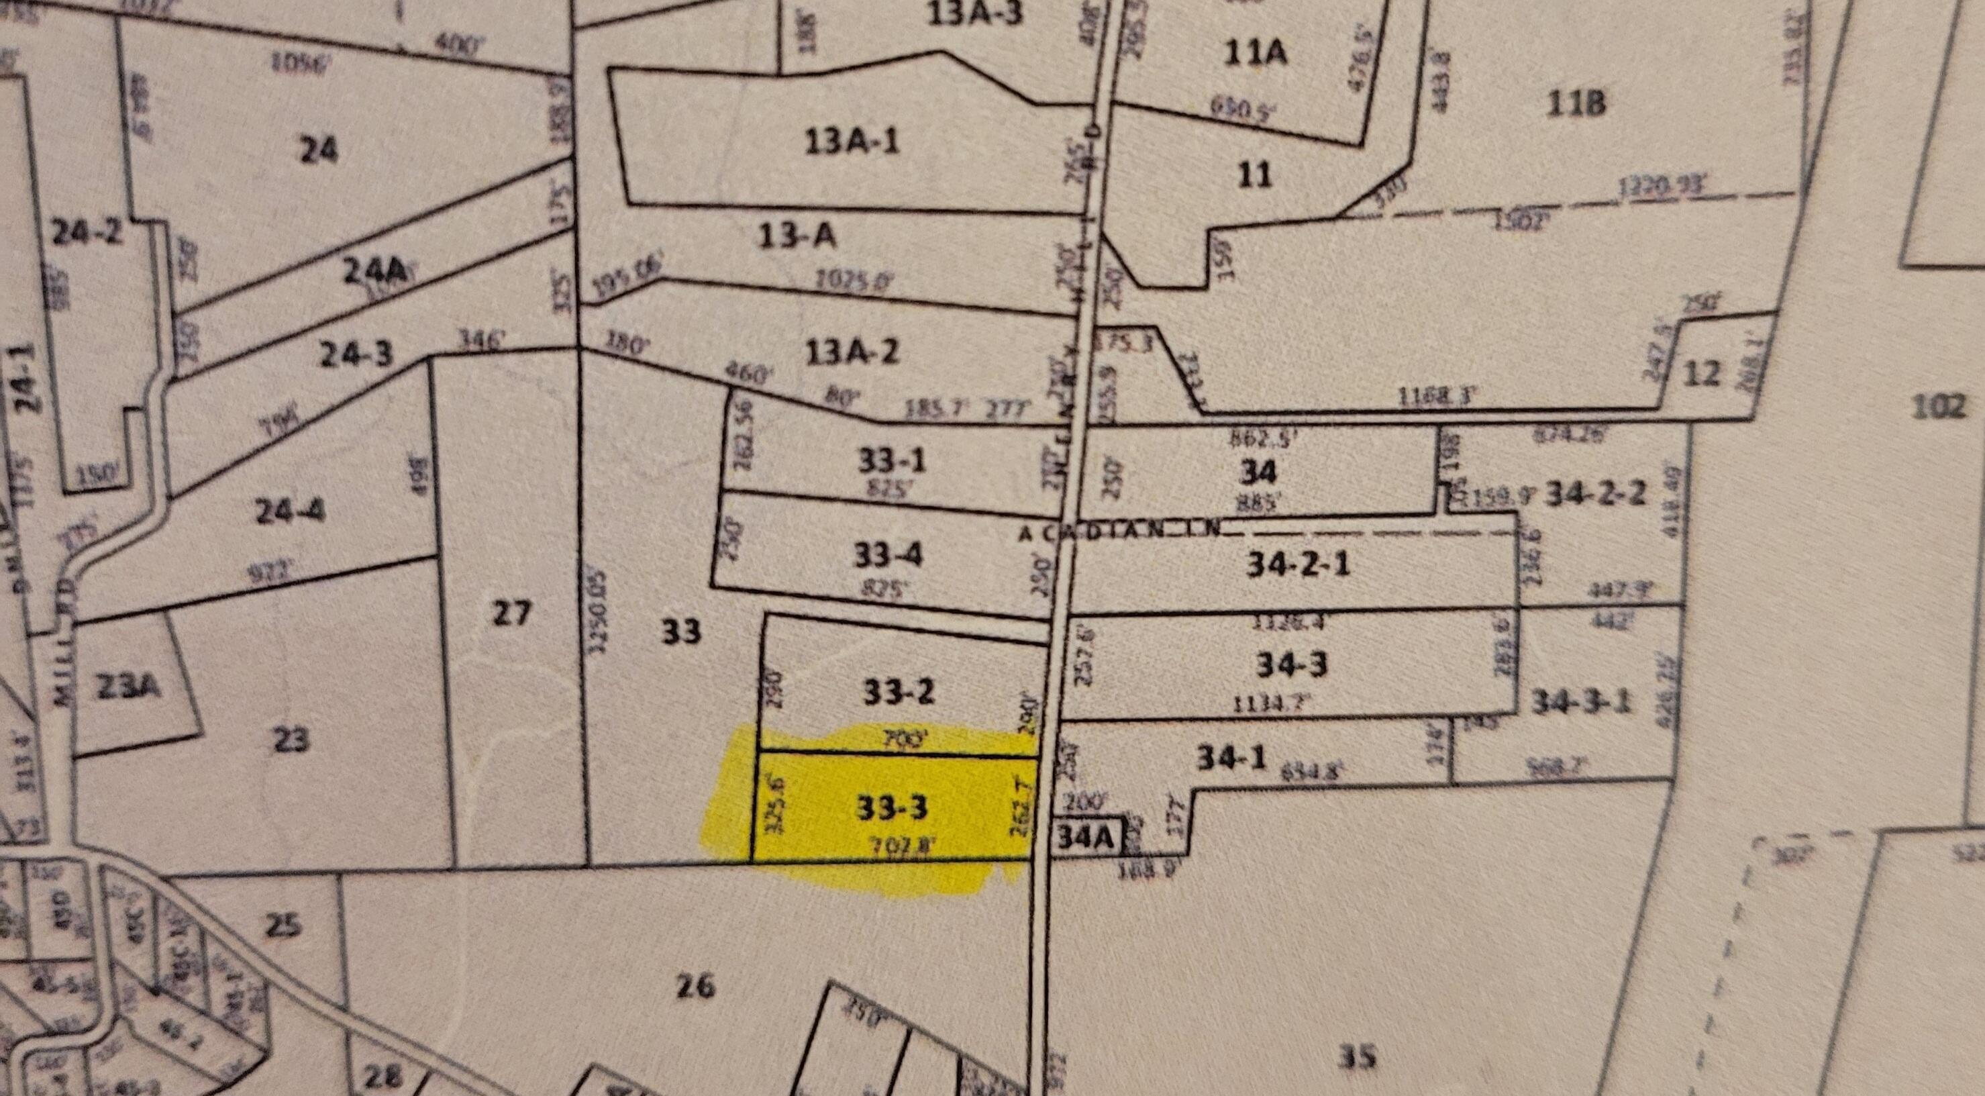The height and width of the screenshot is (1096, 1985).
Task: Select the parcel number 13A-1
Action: tap(851, 142)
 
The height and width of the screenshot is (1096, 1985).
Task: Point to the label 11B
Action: tap(1576, 103)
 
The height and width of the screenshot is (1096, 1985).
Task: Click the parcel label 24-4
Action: tap(290, 511)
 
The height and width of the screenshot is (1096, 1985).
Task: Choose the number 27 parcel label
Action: tap(511, 613)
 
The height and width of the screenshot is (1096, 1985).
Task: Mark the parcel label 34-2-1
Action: tap(1299, 565)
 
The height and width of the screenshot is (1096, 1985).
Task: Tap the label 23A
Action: tap(130, 686)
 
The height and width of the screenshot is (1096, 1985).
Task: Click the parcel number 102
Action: tap(1939, 406)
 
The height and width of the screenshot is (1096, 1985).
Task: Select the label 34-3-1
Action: tap(1581, 702)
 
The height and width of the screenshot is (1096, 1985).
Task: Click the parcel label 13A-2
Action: tap(852, 353)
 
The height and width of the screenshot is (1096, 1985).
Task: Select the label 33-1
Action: tap(892, 461)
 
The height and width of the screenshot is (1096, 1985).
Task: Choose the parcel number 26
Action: tap(695, 986)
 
